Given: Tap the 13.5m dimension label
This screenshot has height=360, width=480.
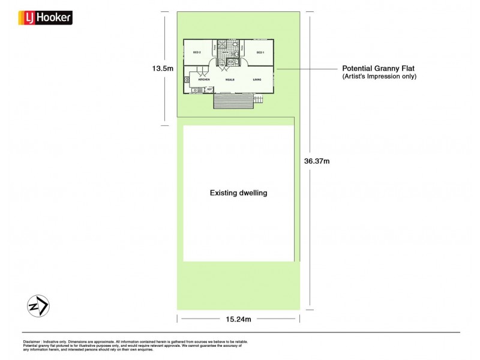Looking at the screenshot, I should pyautogui.click(x=162, y=68).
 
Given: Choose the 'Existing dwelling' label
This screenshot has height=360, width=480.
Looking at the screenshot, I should pyautogui.click(x=238, y=193).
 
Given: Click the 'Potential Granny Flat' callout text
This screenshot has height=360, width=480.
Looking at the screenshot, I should pyautogui.click(x=379, y=68).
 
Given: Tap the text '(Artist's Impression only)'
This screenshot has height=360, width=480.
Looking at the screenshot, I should pyautogui.click(x=379, y=77).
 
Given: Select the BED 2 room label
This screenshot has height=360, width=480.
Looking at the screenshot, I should pyautogui.click(x=196, y=53).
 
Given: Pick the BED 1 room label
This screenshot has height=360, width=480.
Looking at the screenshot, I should pyautogui.click(x=260, y=53).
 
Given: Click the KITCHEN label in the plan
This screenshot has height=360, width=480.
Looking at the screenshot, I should pyautogui.click(x=203, y=79).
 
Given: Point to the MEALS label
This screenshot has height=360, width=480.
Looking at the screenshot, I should pyautogui.click(x=230, y=79).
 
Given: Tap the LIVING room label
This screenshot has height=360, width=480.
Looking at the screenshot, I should pyautogui.click(x=257, y=79).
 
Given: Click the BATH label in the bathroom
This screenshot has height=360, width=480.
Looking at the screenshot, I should pyautogui.click(x=226, y=53).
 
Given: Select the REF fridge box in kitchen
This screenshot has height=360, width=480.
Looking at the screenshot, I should pyautogui.click(x=209, y=89).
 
